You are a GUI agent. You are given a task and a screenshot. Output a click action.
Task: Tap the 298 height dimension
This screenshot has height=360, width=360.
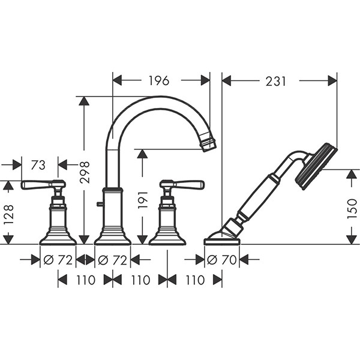click(84, 172)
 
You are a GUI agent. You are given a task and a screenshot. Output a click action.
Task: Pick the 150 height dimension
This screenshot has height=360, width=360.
click(352, 208)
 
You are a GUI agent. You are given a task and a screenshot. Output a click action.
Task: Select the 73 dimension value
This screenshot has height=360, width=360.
click(38, 164)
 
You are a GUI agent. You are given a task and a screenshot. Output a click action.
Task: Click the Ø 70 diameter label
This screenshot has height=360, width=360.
click(221, 260)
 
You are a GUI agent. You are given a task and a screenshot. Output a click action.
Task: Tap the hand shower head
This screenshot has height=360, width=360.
click(317, 166)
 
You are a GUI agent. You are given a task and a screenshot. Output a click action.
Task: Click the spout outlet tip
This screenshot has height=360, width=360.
click(208, 143)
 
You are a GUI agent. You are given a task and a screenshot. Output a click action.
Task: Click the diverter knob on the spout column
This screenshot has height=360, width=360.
click(99, 204)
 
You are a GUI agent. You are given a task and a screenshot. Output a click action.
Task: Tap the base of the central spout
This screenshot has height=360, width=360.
click(112, 239)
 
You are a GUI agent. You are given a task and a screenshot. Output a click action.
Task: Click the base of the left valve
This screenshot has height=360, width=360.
click(58, 239)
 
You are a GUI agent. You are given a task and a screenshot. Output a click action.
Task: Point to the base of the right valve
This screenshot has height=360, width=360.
click(167, 239)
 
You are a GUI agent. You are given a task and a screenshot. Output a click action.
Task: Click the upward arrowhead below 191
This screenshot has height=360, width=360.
click(142, 155)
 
